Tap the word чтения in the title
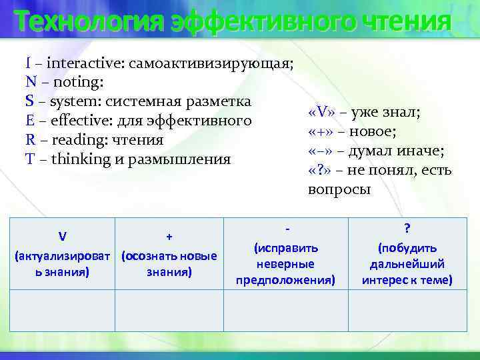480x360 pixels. coord(407,21)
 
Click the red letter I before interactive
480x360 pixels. coord(28,63)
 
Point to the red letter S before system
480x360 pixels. coord(29,102)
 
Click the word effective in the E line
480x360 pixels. coord(73,121)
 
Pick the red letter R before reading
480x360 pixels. coord(30,141)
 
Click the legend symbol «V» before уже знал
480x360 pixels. coord(323,112)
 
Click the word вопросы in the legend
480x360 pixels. coord(339,189)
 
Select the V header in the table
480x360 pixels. coord(61,236)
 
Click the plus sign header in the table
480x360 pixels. coord(169,236)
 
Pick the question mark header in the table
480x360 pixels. coord(407,228)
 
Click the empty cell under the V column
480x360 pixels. coord(61,312)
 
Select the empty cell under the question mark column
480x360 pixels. coord(407,312)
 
